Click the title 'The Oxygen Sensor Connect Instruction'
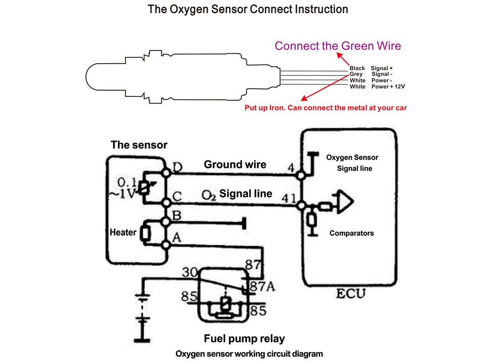pos(248,9)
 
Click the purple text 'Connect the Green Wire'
pos(338,46)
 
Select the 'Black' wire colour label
pos(357,69)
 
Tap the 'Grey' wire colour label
pos(356,74)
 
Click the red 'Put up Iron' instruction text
pos(326,108)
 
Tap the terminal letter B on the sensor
pos(176,216)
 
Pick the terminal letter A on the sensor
pos(176,238)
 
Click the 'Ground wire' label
pos(235,165)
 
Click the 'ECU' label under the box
pos(350,293)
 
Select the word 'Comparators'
pos(351,233)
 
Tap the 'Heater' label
pos(123,233)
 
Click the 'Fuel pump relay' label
pos(244,339)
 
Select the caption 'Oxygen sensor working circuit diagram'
pos(249,354)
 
